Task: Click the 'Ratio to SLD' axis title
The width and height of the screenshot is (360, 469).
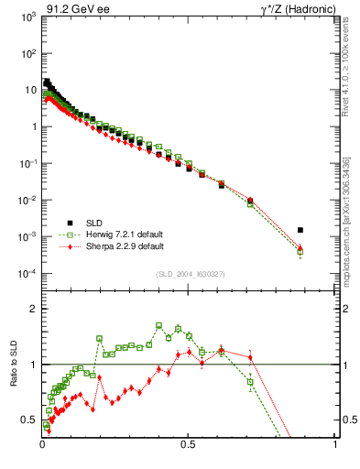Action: click(14, 380)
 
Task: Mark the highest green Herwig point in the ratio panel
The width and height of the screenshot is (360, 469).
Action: click(159, 325)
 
